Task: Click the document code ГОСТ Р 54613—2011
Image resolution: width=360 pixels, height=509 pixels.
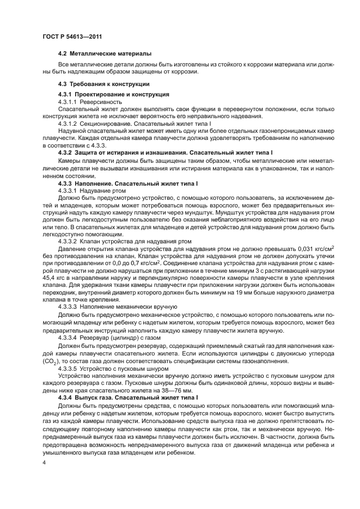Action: tap(72, 36)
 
